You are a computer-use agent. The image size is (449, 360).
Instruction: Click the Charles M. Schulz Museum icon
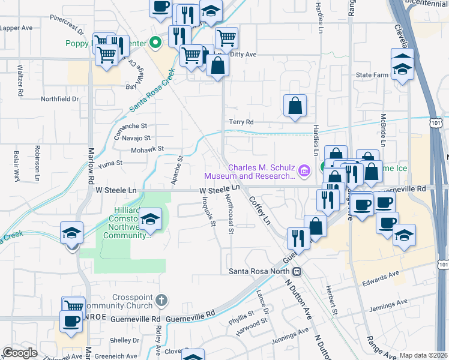pos(304,172)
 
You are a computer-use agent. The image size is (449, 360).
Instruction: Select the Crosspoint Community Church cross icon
pos(160,299)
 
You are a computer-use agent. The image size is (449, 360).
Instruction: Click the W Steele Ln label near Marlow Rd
pos(116,190)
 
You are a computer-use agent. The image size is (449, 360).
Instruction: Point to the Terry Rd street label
pos(241,122)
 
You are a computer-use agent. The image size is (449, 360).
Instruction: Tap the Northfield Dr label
pos(59,99)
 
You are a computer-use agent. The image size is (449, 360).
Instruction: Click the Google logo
pos(20,353)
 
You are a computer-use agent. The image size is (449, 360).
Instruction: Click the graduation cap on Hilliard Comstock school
pos(151,220)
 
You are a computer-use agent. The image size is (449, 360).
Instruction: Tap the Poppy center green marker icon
pos(155,43)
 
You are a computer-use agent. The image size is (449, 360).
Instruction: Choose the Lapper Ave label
pos(16,28)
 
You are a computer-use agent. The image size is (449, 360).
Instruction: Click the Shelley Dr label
pos(124,340)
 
